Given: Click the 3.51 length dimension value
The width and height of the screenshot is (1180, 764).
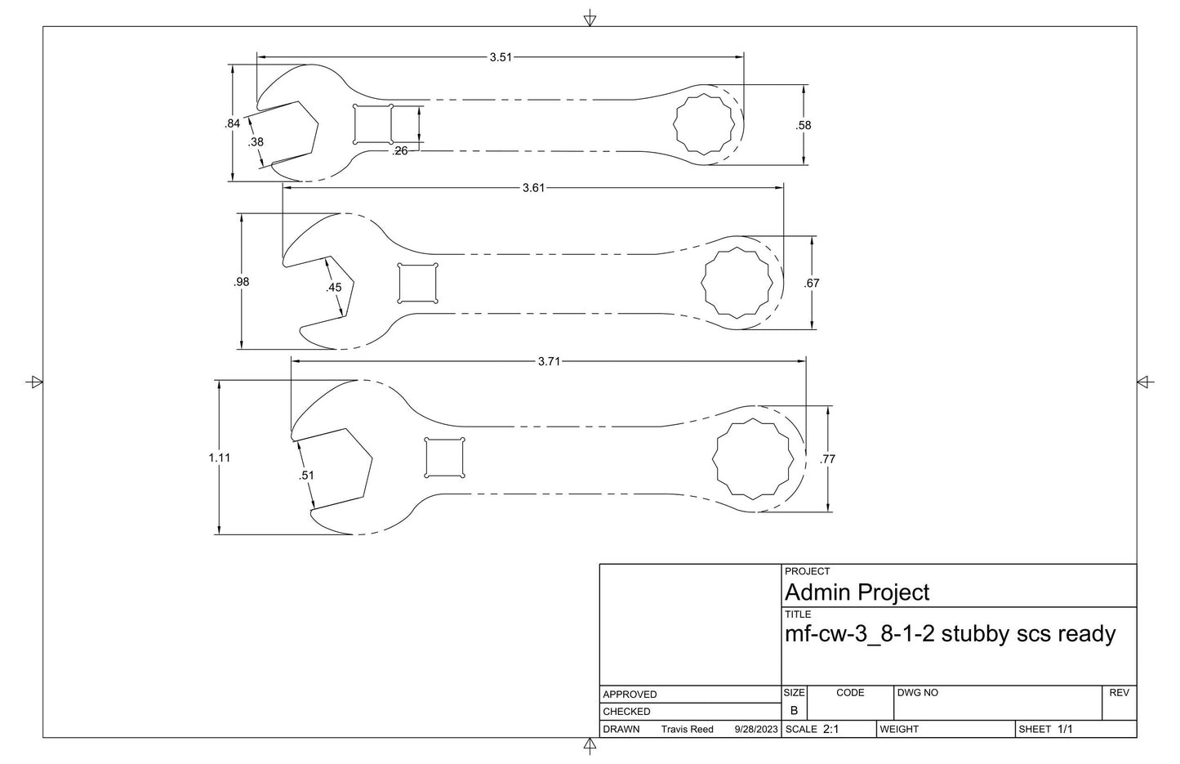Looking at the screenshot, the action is coord(501,57).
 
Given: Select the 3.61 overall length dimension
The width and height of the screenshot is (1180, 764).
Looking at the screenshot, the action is coord(533,188).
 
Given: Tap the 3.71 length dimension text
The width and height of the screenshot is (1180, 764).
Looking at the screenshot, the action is coord(549,361).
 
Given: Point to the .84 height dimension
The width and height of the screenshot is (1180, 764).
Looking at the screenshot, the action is coord(232,123).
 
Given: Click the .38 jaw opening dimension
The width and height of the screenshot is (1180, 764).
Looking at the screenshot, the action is coord(256,142).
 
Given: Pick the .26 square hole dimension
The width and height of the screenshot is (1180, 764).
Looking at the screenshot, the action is coord(400,151).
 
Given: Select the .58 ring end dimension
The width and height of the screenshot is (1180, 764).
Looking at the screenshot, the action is coord(804,126).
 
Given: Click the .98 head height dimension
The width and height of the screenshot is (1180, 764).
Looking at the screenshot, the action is coord(241,282).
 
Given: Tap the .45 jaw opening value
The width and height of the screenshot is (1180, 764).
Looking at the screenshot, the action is coord(333,288).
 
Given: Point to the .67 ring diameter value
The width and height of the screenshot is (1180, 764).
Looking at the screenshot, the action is coord(812,284).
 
